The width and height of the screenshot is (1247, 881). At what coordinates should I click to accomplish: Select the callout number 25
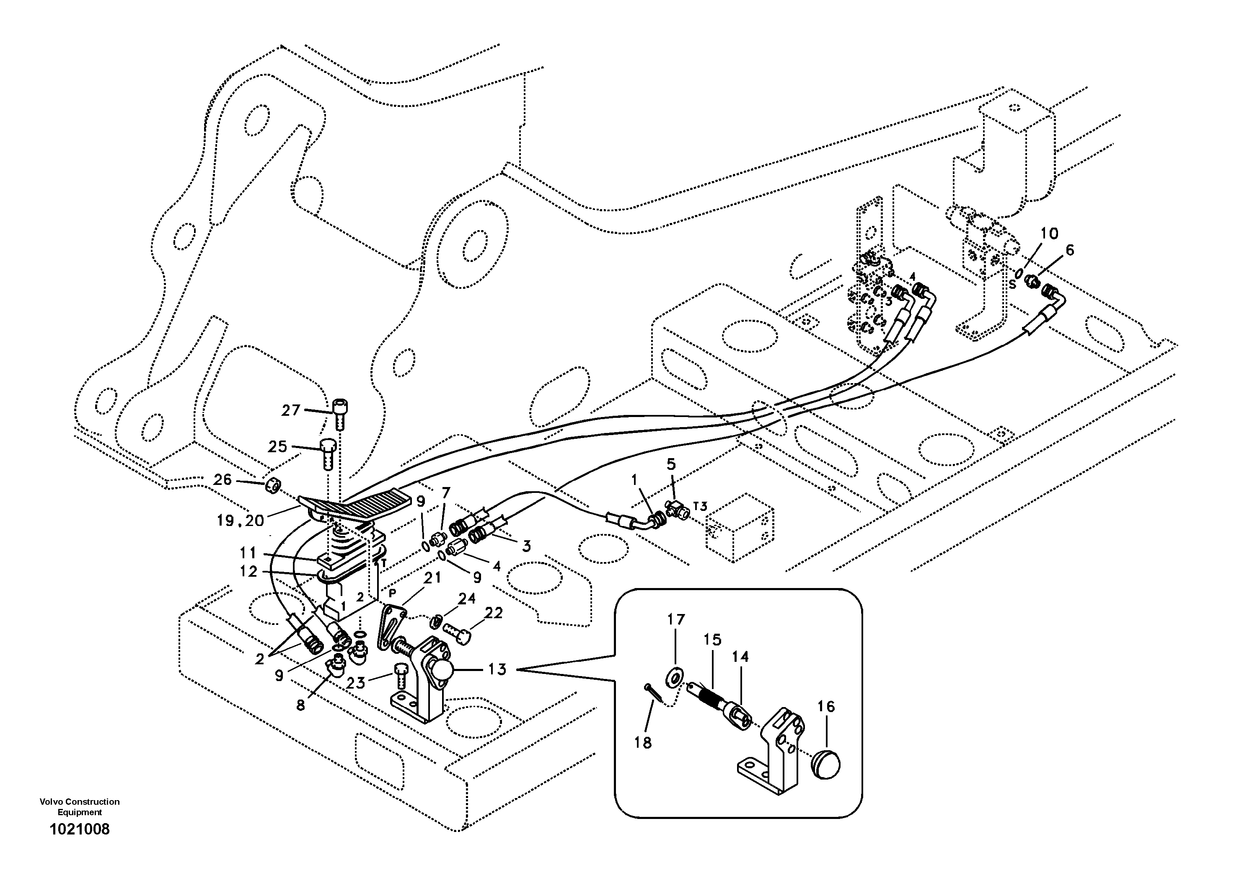[277, 446]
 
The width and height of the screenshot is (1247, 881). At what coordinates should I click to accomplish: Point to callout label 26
[222, 479]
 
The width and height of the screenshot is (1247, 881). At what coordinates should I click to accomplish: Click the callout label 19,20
[240, 521]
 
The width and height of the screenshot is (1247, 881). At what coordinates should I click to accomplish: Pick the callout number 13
[497, 670]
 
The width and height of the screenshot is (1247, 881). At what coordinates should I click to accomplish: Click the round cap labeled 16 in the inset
[825, 765]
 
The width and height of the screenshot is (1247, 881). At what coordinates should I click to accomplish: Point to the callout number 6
[1069, 250]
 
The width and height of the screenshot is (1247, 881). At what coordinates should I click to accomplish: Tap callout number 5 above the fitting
[671, 464]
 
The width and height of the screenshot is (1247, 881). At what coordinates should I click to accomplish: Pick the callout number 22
[494, 613]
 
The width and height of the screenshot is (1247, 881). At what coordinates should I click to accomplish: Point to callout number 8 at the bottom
[300, 705]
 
